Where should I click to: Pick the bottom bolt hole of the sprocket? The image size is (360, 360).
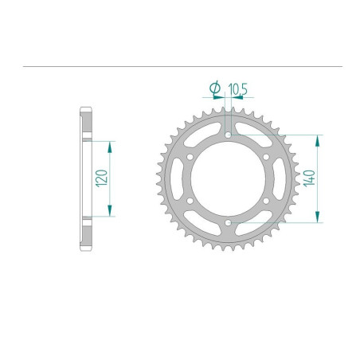228,223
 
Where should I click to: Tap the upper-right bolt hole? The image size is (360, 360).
266,158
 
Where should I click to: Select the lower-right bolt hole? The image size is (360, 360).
266,201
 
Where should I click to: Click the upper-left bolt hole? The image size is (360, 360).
190,158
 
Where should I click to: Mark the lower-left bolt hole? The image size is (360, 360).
190,201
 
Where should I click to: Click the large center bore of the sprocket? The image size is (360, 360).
228,179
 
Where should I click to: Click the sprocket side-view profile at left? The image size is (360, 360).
85,179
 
